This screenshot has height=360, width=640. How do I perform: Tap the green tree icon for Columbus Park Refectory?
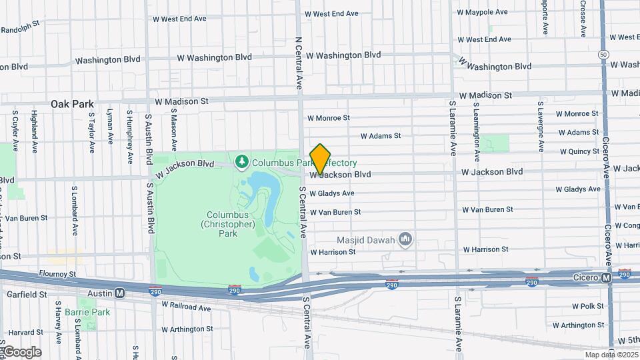[x=241, y=161]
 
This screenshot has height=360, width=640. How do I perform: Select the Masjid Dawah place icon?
[x=405, y=239]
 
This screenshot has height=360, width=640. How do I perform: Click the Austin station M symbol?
[x=120, y=293]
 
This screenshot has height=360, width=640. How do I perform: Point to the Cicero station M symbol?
[x=606, y=277]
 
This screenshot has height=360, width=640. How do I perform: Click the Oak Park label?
[x=73, y=104]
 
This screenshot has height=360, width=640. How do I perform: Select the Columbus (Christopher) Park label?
[x=227, y=225]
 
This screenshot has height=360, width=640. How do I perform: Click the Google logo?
[x=21, y=352]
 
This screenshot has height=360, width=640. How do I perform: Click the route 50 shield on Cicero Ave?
[x=603, y=54]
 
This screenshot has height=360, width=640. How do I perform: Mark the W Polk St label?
[x=587, y=306]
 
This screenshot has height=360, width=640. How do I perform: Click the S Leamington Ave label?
[x=476, y=132]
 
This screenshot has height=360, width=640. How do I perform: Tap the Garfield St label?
[x=25, y=293]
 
